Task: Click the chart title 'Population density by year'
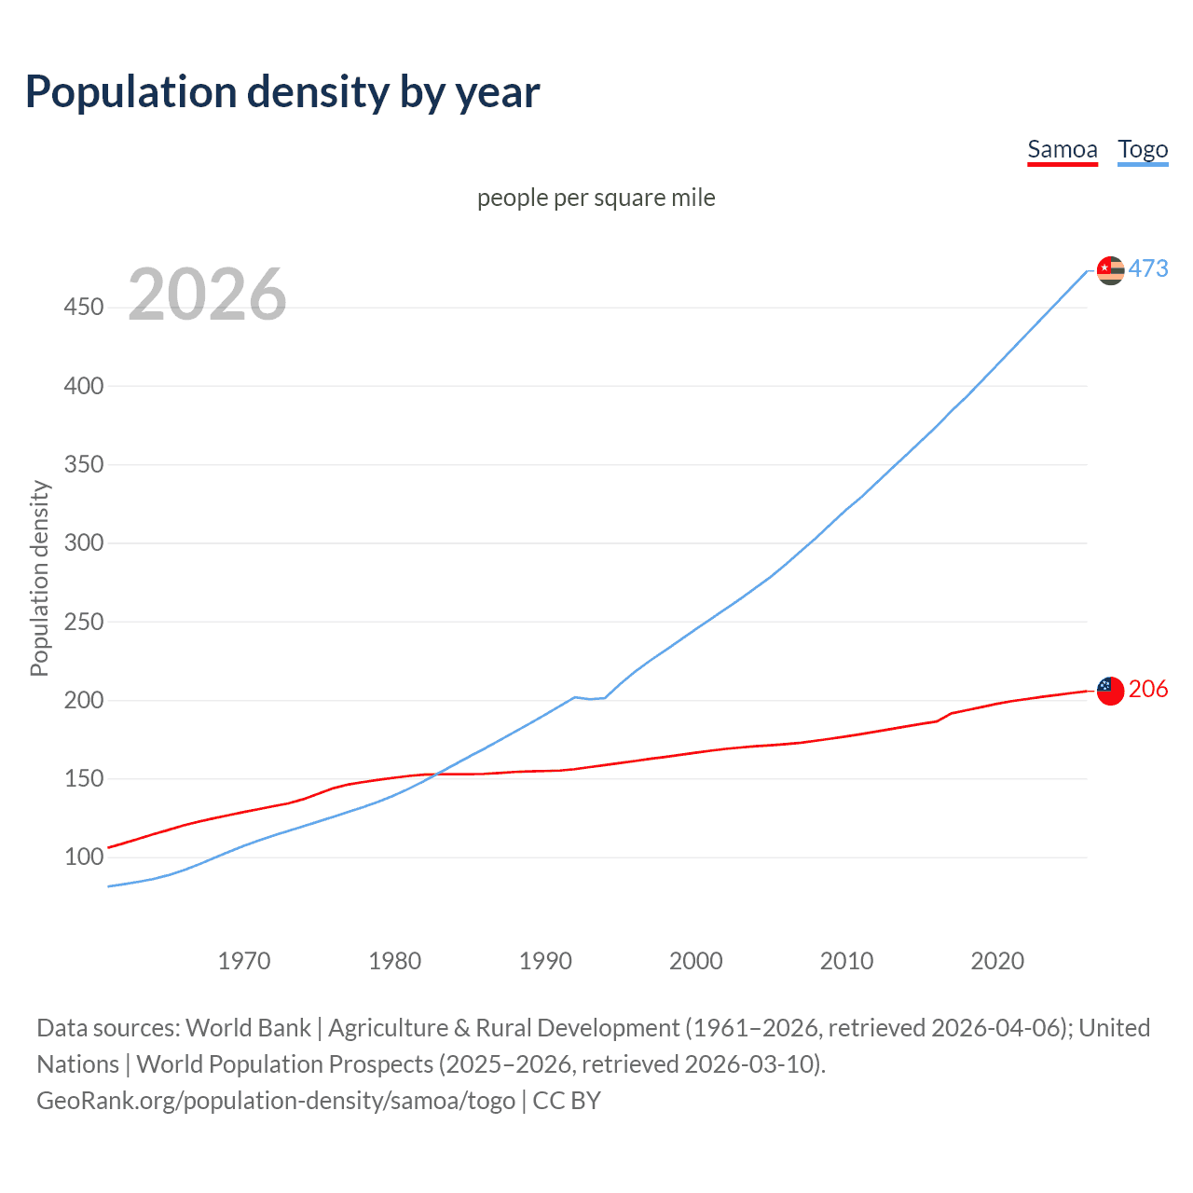(282, 92)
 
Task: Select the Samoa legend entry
(1062, 149)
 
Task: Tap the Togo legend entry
(1143, 149)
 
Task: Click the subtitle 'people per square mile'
(596, 198)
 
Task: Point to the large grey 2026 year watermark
(207, 295)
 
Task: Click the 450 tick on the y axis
(83, 307)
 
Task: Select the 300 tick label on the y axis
(83, 542)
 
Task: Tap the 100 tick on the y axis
(83, 857)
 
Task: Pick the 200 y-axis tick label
(83, 700)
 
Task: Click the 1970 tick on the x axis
(244, 960)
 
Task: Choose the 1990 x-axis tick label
(545, 960)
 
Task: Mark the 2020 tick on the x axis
(997, 960)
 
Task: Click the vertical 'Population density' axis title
(39, 578)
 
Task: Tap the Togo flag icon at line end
(1110, 270)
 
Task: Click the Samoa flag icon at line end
(1110, 691)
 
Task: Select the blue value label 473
(1148, 269)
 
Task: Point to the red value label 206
(1148, 690)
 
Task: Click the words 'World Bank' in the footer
(248, 1028)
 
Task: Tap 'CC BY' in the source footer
(567, 1101)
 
